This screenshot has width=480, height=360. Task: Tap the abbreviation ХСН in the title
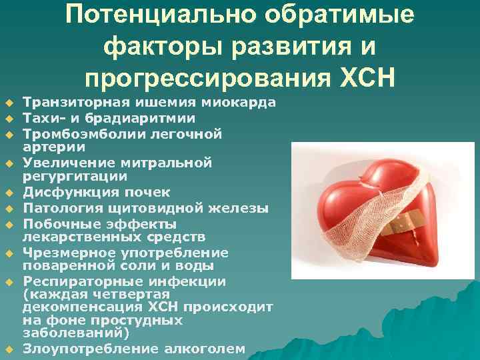point(363,79)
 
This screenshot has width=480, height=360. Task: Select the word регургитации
point(74,177)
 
